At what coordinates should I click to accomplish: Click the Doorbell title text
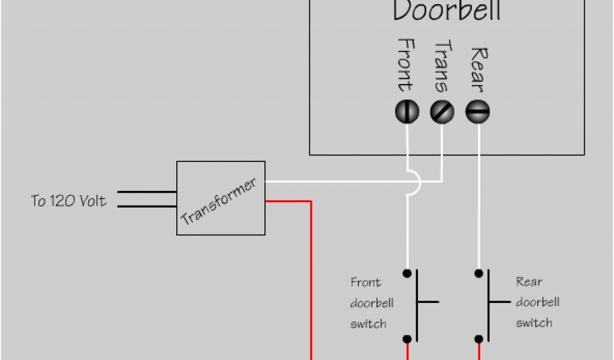tap(446, 11)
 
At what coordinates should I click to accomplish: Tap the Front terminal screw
tap(407, 112)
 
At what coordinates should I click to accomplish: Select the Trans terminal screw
tap(443, 112)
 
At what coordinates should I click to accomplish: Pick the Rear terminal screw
tap(478, 112)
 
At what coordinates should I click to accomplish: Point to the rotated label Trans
tap(443, 66)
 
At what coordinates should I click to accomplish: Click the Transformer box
tap(221, 198)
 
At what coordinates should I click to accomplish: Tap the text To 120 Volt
tap(69, 201)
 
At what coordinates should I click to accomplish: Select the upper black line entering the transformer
tap(146, 193)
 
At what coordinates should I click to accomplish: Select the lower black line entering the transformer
tap(146, 206)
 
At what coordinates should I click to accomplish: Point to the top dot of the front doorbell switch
tap(407, 274)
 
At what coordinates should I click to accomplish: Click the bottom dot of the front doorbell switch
tap(407, 339)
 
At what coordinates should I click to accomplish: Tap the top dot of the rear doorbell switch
tap(478, 274)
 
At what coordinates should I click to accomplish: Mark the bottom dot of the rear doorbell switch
tap(478, 339)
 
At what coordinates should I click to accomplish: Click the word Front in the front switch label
tap(365, 282)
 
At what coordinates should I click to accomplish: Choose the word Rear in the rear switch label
tap(529, 281)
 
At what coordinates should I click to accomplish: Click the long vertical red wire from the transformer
tap(311, 282)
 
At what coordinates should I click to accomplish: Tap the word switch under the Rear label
tap(534, 323)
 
